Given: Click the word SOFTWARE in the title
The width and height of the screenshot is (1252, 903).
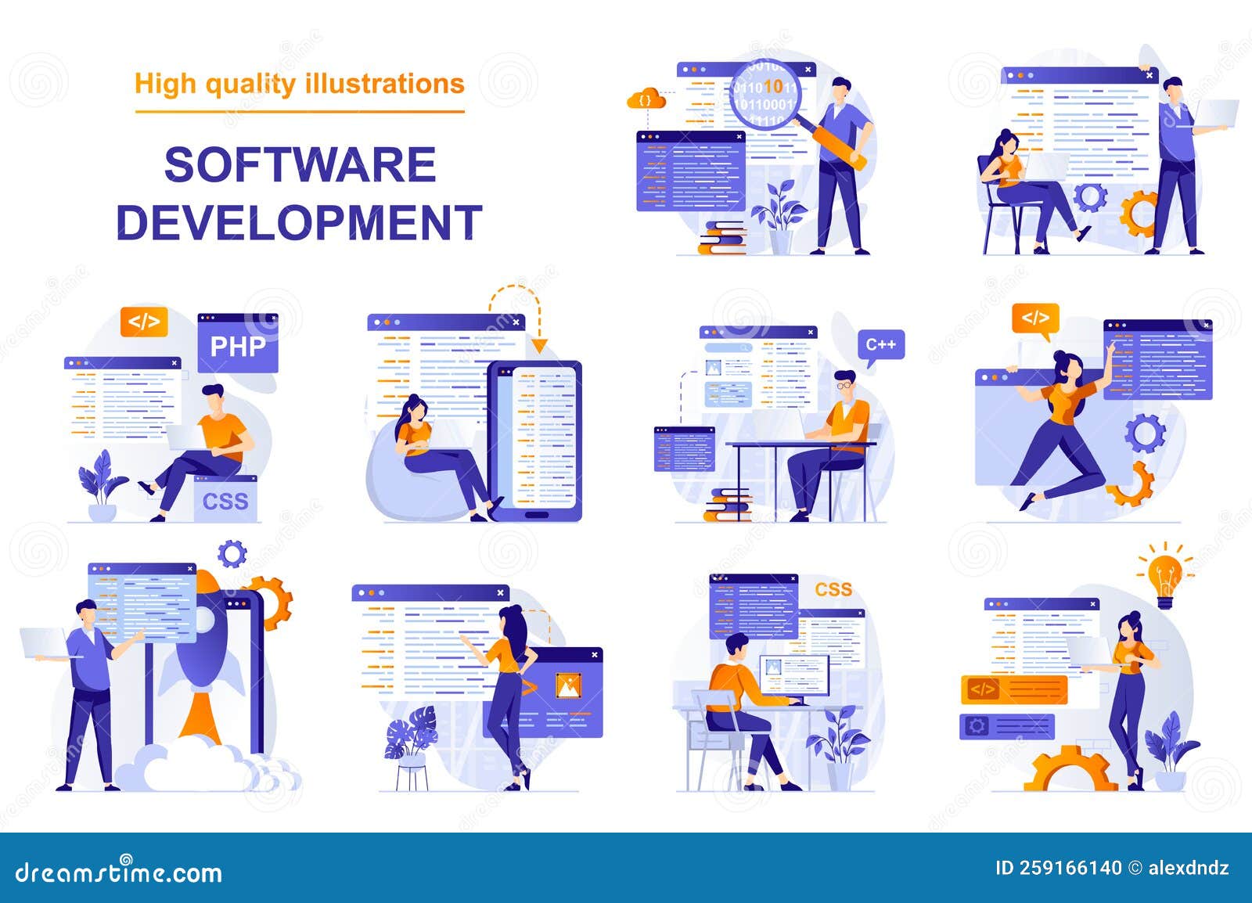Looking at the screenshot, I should (300, 165).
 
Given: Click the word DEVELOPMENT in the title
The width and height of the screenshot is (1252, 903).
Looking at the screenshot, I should (299, 222).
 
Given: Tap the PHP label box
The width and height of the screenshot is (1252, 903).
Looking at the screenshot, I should (238, 346).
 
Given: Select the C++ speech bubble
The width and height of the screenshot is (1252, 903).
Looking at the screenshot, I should (881, 345).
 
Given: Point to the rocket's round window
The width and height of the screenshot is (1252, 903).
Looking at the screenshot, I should (203, 621).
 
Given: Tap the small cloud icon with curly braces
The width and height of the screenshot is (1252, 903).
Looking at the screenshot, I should (646, 100).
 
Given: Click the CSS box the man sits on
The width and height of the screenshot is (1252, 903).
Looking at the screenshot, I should (225, 499).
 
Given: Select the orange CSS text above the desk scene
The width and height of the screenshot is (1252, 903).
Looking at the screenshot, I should (833, 589).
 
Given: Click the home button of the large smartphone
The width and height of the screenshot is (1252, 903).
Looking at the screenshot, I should (536, 514).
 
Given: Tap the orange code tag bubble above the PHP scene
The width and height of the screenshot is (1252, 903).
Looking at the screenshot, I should (144, 322).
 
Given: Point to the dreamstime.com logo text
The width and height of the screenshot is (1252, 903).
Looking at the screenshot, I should (119, 872).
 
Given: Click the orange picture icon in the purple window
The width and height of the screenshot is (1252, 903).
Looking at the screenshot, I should (567, 685).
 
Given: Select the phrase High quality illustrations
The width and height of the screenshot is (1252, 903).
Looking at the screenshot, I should (300, 84).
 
